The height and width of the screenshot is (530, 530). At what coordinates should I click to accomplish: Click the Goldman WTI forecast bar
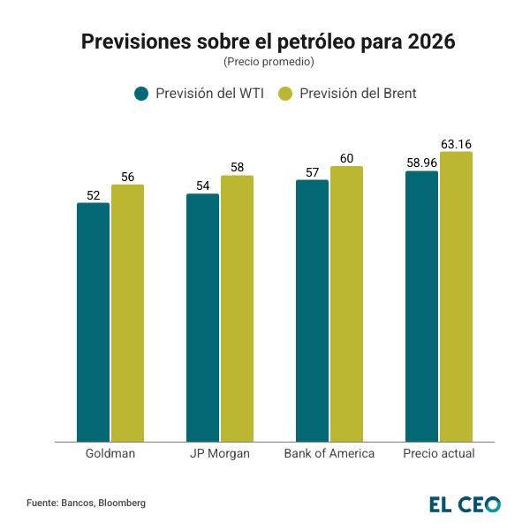[93, 322]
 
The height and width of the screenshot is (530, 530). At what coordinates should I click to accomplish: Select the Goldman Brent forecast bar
[127, 314]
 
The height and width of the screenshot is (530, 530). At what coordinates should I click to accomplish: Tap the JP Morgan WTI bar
[202, 318]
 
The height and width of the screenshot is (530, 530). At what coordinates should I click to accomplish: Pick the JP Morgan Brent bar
[237, 309]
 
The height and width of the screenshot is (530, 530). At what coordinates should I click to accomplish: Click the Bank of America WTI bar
[312, 311]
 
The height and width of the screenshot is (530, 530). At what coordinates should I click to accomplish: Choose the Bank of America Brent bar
[346, 304]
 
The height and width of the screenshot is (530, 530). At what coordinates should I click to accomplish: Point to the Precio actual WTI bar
[421, 307]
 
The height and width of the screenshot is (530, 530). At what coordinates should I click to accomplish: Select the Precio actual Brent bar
[456, 297]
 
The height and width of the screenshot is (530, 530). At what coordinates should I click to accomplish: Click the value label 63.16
[456, 143]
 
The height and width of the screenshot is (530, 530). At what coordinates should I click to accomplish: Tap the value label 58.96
[421, 163]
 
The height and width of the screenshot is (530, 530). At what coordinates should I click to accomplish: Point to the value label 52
[93, 195]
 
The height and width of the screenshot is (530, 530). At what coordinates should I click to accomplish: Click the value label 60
[346, 158]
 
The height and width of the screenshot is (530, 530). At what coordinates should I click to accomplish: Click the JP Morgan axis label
[220, 454]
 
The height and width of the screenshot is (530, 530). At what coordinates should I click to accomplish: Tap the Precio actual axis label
[439, 454]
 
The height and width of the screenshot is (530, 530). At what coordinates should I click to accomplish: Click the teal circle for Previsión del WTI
[140, 94]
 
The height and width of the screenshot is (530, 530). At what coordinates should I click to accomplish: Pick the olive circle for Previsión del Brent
[284, 94]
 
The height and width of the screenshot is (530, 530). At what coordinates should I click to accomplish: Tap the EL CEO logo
[465, 504]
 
